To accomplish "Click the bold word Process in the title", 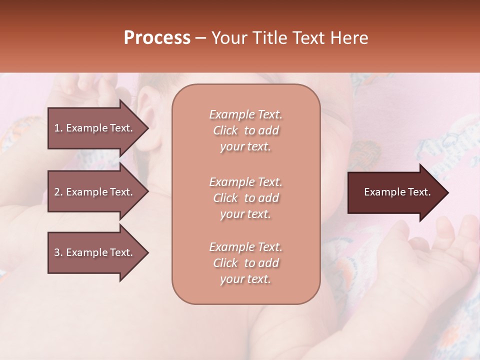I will pos(157,38).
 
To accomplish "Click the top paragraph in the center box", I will pos(245,130).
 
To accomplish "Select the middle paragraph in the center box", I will pos(245,198).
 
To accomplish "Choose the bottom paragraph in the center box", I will pos(245,263).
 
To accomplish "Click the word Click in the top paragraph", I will pos(225,130).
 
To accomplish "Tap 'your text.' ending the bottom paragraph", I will pos(245,279).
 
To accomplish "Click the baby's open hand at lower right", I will pos(440,250).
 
